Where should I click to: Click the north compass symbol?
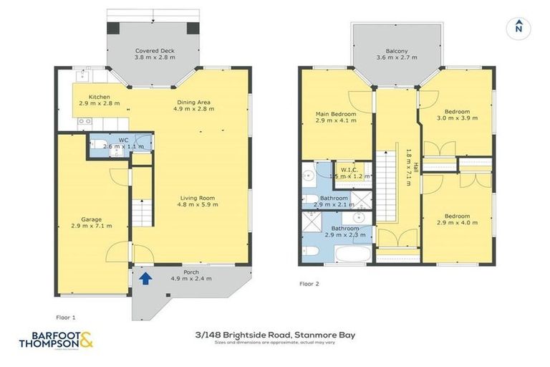[516, 28]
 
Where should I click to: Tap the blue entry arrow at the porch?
[146, 279]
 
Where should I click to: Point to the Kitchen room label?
[99, 100]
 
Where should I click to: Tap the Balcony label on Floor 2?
[396, 54]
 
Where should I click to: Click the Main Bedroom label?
[335, 118]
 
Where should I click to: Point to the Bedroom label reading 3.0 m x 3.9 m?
[457, 115]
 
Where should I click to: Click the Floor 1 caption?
[65, 315]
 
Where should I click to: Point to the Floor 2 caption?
[309, 284]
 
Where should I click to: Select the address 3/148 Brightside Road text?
[275, 334]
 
